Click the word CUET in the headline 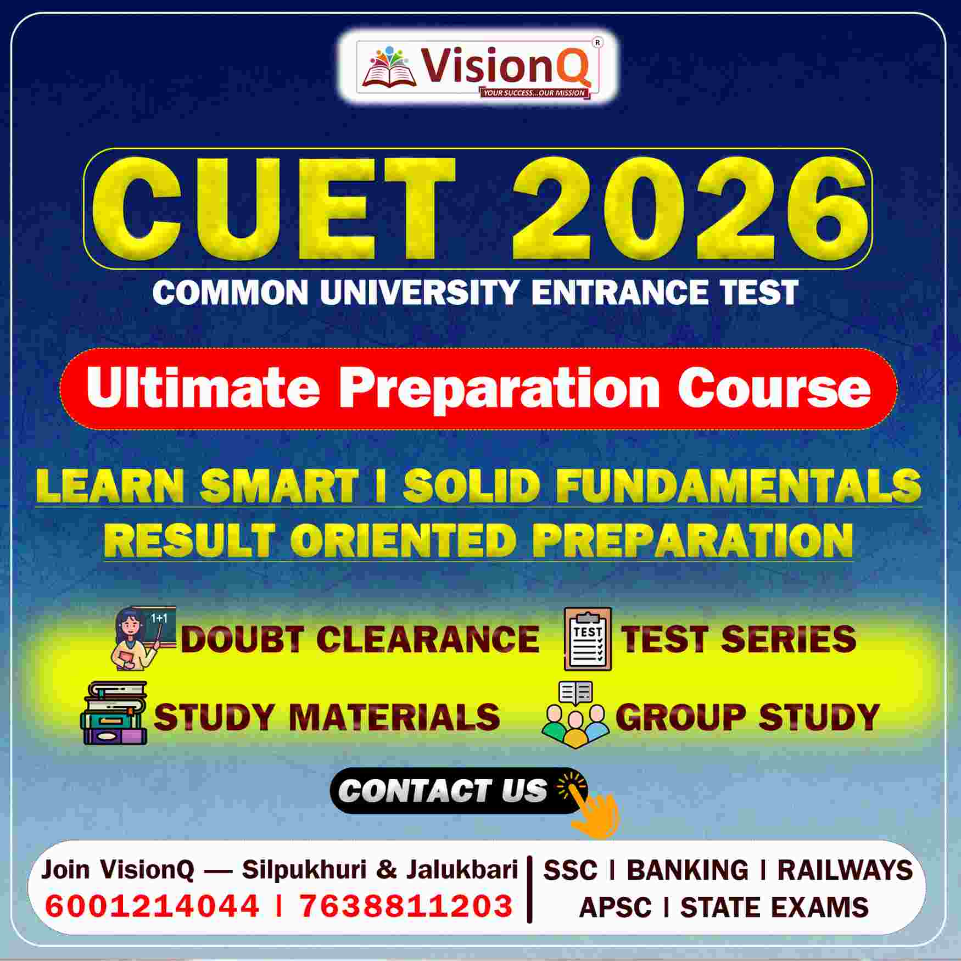pyautogui.click(x=275, y=209)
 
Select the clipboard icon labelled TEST pyautogui.click(x=588, y=639)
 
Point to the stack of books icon pyautogui.click(x=115, y=713)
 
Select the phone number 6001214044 pyautogui.click(x=152, y=906)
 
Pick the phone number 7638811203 pyautogui.click(x=406, y=906)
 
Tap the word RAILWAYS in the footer pyautogui.click(x=845, y=870)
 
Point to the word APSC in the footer pyautogui.click(x=614, y=907)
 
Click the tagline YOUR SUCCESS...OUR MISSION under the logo pyautogui.click(x=534, y=93)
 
